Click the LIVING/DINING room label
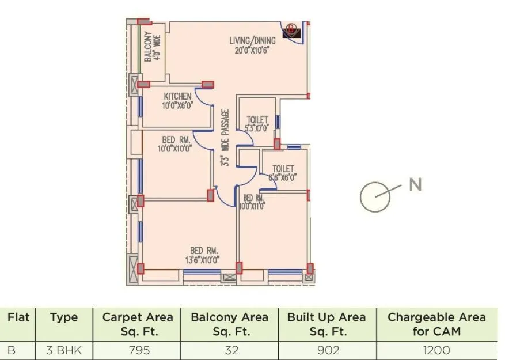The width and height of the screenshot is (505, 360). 252,41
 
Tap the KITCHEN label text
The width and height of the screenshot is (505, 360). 177,96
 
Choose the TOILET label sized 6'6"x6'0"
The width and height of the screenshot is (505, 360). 283,169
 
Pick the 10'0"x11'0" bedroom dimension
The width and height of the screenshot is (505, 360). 253,206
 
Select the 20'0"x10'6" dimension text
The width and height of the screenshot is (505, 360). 252,50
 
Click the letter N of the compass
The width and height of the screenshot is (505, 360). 415,185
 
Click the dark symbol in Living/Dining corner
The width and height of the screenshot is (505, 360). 291,29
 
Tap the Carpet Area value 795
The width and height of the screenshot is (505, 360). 137,350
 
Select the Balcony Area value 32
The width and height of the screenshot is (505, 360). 229,350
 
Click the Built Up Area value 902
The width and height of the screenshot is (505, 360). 326,350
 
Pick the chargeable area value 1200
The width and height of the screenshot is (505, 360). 436,350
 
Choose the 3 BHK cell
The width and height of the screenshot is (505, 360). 63,350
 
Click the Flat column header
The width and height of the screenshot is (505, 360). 18,317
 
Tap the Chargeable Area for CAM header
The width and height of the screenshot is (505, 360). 436,324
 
